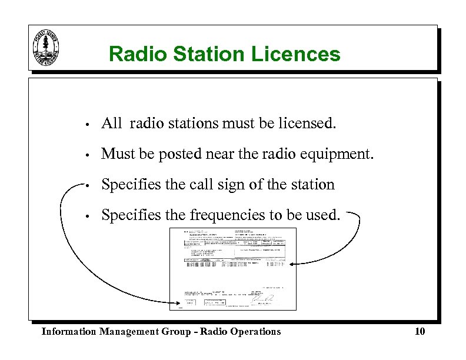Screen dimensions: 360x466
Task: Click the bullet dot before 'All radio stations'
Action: [x=86, y=125]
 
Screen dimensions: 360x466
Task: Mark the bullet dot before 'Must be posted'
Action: [x=86, y=155]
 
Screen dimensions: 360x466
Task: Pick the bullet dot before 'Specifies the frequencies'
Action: [x=86, y=216]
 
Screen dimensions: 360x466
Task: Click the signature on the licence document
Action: [x=262, y=299]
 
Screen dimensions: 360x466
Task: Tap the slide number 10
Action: [x=420, y=332]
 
